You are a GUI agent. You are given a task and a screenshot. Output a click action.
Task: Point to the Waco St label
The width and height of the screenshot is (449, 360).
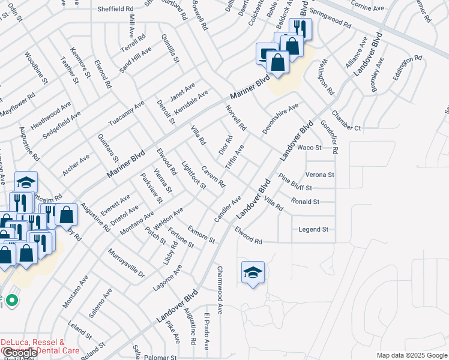pyautogui.click(x=310, y=148)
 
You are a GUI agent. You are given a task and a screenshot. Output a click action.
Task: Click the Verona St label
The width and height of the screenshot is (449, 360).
pyautogui.click(x=319, y=175)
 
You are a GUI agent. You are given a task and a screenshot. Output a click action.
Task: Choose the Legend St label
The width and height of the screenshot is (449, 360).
pyautogui.click(x=313, y=229)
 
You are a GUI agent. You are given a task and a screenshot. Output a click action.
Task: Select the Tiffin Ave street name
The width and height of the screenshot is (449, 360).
pyautogui.click(x=234, y=156)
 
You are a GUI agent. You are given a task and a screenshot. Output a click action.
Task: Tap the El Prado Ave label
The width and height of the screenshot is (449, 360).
pyautogui.click(x=206, y=331)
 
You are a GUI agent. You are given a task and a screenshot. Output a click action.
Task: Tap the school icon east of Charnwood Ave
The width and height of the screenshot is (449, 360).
pyautogui.click(x=253, y=274)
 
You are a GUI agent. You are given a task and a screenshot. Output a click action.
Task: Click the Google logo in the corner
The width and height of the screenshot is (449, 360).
pyautogui.click(x=20, y=353)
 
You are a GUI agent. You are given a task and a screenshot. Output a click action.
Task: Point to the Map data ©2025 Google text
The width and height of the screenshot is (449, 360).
pyautogui.click(x=412, y=355)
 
